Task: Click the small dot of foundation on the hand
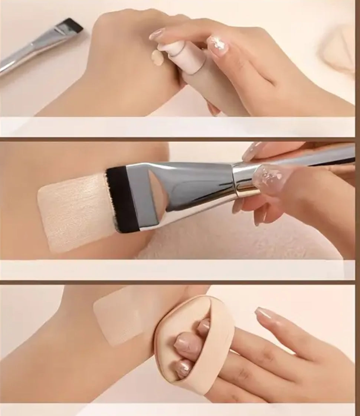click(157, 58)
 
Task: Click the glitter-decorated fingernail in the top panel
click(218, 44)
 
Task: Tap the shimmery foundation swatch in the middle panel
click(74, 212)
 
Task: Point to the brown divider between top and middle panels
click(178, 139)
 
